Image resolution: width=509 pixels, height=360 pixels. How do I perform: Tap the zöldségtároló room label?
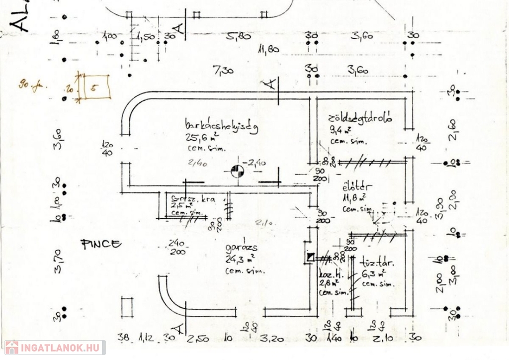(360, 119)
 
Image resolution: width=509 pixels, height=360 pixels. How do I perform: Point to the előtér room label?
(354, 188)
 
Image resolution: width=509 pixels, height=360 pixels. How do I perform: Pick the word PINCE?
(101, 244)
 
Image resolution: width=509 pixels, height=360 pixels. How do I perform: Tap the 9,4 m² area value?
(340, 130)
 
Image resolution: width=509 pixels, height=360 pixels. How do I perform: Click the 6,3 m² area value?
(374, 273)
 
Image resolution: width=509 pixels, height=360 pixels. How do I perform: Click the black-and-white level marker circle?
(238, 171)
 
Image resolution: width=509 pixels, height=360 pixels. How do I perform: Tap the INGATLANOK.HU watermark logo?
(54, 347)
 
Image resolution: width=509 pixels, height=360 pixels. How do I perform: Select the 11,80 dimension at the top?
(268, 49)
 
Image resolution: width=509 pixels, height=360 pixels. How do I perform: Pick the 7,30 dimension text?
(223, 71)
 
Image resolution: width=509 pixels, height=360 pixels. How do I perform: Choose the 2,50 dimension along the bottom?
(198, 340)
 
